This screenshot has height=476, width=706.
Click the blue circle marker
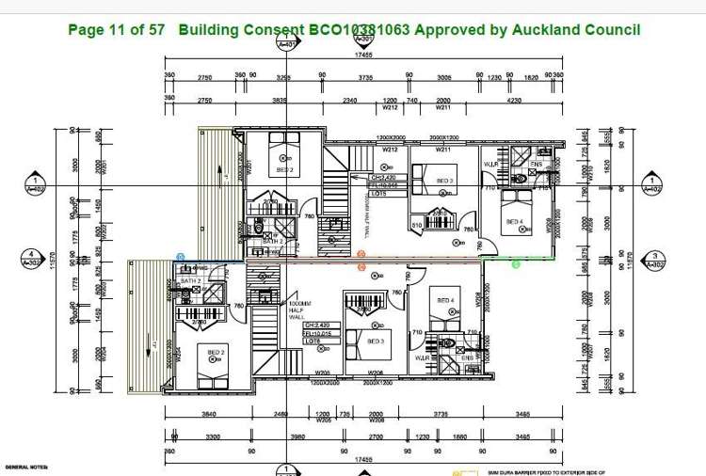pos(181,256)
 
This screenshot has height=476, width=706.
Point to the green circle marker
pos(516,264)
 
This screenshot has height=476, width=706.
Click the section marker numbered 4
pos(32,257)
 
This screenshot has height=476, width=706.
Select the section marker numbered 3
pos(654,257)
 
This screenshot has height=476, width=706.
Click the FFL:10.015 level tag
pos(317,333)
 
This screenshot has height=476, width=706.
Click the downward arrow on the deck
pos(152,347)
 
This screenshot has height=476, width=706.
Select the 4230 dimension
pos(513,100)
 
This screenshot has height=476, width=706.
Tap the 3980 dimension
pos(297,436)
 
